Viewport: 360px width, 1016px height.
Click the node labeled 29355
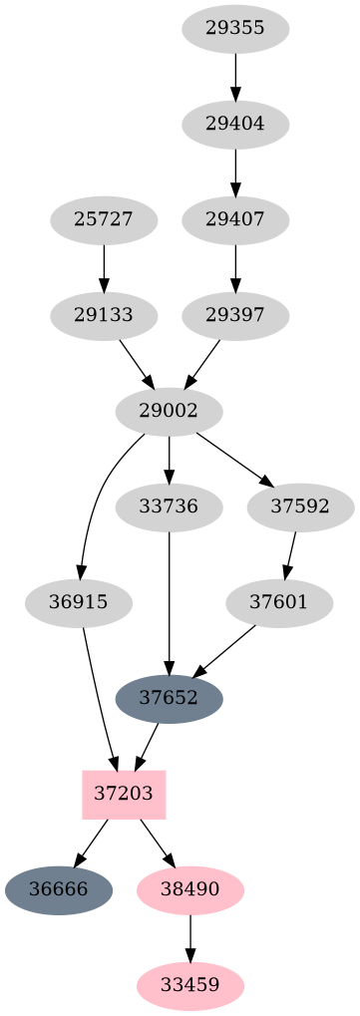tap(235, 29)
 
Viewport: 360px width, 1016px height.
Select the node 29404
tap(235, 125)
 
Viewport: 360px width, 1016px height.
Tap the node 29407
tap(235, 220)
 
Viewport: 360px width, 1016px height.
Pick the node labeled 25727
tap(104, 220)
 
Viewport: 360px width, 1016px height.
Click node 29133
tap(104, 316)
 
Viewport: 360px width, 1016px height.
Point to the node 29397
tap(235, 316)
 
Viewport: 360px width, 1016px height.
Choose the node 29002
tap(170, 411)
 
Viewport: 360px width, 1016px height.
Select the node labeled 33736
tap(170, 507)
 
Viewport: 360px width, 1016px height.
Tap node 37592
tap(300, 507)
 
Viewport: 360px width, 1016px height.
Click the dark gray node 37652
tap(170, 698)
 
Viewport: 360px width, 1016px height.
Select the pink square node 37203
tap(124, 794)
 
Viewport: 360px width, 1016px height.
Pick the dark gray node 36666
tap(58, 889)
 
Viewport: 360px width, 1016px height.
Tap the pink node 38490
tap(189, 889)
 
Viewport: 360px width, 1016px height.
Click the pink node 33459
tap(189, 985)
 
